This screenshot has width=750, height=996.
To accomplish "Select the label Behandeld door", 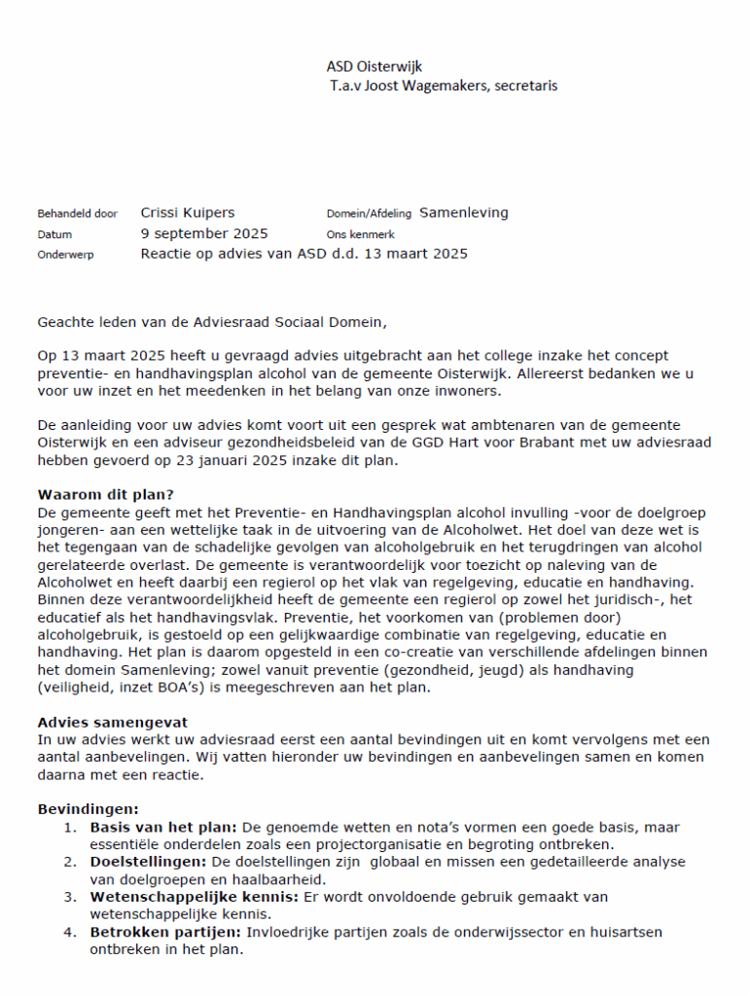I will [77, 214].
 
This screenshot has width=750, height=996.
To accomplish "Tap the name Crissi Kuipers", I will [188, 213].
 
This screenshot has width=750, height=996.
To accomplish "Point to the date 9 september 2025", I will [204, 233].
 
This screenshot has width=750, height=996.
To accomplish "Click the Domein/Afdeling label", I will [369, 214].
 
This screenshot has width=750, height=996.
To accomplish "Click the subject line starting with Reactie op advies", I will [304, 254].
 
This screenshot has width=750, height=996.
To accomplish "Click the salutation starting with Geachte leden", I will [218, 320].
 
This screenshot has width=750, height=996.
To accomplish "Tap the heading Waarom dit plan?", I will [105, 493].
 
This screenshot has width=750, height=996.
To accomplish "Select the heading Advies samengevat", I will [113, 722].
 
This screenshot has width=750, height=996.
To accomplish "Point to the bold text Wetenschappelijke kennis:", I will [195, 897].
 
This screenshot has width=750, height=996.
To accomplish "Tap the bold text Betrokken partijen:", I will [164, 932].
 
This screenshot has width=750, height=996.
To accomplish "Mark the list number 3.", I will [70, 897].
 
